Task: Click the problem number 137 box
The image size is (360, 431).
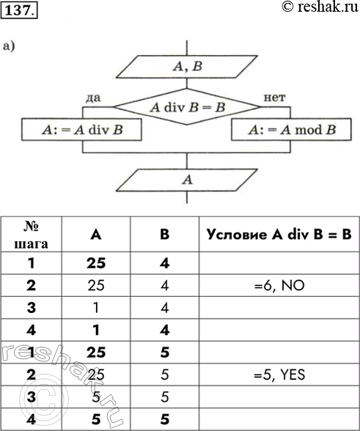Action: click(19, 10)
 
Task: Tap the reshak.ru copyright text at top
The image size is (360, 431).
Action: click(320, 7)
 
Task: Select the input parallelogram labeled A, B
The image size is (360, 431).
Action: click(187, 67)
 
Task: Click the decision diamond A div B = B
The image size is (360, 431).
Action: click(187, 107)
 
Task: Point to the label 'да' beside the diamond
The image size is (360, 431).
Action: click(93, 97)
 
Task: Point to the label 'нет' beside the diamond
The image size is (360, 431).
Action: click(274, 97)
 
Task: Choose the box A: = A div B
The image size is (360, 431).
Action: click(81, 130)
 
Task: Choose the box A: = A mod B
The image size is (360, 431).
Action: click(291, 130)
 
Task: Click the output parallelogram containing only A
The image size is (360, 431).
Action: click(187, 180)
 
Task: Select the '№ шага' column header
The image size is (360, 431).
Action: click(31, 235)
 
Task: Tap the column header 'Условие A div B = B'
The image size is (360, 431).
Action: click(279, 235)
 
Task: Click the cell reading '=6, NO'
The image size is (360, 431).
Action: click(279, 286)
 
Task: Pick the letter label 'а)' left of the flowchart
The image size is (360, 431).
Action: click(9, 46)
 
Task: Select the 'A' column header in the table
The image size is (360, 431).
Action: click(96, 235)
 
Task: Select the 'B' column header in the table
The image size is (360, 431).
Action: click(164, 235)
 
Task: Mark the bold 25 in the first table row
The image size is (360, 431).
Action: click(96, 264)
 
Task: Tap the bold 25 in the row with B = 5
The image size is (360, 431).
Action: click(96, 353)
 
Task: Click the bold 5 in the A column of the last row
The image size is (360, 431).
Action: click(96, 420)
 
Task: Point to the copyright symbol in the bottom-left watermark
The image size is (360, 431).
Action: click(44, 398)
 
